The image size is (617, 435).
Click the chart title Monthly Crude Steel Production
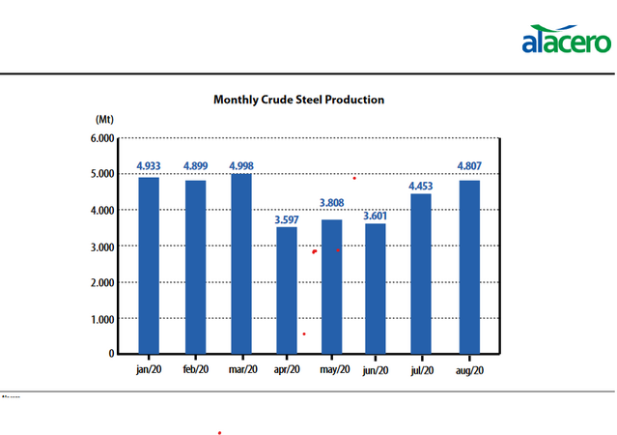pos(298,100)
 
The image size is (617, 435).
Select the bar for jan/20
pos(149,266)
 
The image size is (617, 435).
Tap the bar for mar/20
pos(240,264)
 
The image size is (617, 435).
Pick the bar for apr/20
pos(287,290)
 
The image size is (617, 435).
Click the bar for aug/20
pos(469,268)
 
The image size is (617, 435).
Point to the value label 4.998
pos(240,166)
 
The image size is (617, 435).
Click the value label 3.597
pos(287,219)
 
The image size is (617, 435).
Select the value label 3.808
pos(332,204)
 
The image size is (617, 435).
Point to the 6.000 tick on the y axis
pos(101,138)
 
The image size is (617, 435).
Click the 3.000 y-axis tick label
pos(101,246)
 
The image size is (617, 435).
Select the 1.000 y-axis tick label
pos(101,319)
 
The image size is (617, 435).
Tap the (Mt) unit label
pos(104,118)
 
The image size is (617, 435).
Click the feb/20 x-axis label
pos(195,369)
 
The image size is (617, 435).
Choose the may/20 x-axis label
pos(332,369)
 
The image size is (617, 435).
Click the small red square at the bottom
pos(220,431)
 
